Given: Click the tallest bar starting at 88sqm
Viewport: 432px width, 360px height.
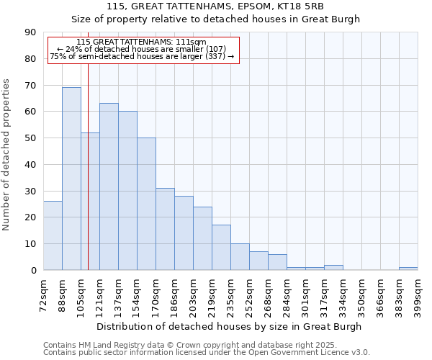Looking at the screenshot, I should [71, 179].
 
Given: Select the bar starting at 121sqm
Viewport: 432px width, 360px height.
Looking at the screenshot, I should [109, 186].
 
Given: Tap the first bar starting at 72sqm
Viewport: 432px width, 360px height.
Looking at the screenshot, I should [53, 235].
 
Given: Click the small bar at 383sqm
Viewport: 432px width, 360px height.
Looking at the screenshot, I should [408, 269].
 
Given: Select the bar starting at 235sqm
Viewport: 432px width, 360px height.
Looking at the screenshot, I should [240, 257].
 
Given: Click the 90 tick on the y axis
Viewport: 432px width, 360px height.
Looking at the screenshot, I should [30, 32].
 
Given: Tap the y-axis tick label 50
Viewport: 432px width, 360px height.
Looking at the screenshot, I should [30, 138].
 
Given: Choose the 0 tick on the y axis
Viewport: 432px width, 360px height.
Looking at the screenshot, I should [33, 271].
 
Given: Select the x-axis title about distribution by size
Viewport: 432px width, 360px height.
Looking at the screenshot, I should [229, 326].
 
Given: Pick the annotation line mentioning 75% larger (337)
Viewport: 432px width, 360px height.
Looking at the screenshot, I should [142, 56].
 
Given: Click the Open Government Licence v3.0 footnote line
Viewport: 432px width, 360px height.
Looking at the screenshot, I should [207, 353].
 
